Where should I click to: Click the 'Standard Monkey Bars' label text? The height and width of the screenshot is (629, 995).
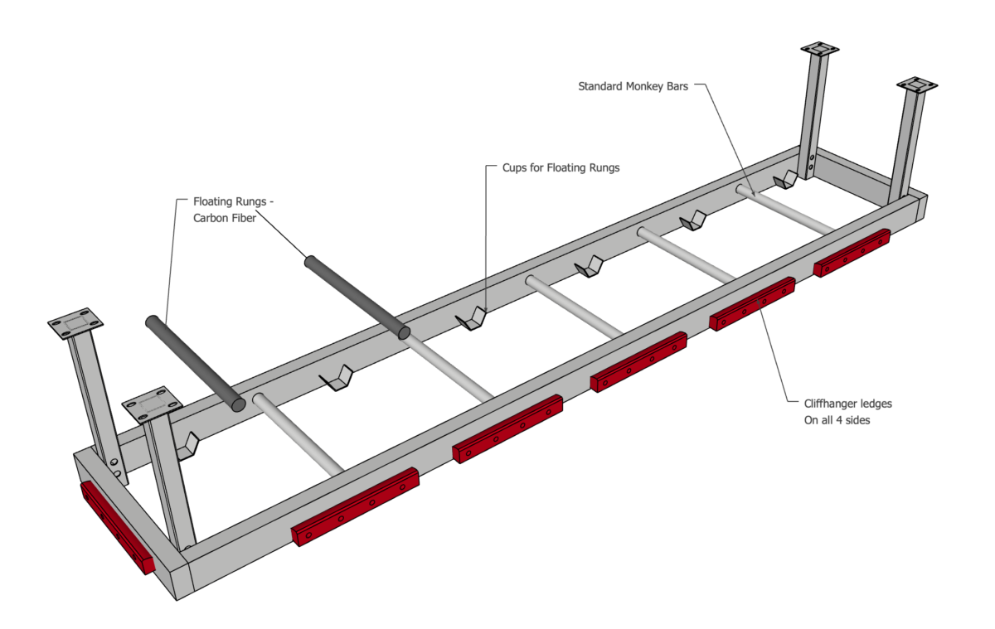click(x=633, y=85)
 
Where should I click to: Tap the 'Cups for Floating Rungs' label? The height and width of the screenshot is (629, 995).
click(x=561, y=167)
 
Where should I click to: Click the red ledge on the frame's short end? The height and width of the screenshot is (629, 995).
click(x=117, y=527)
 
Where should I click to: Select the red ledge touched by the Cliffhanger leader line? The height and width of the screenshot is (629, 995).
click(x=751, y=303)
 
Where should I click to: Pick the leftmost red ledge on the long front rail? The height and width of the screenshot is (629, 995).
click(x=355, y=506)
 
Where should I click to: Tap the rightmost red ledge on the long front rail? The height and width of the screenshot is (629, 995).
click(x=852, y=252)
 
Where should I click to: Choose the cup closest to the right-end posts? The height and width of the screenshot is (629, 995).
click(x=784, y=180)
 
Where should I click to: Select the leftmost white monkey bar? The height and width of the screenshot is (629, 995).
click(x=298, y=435)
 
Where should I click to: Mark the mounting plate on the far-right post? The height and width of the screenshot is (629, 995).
click(x=916, y=85)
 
